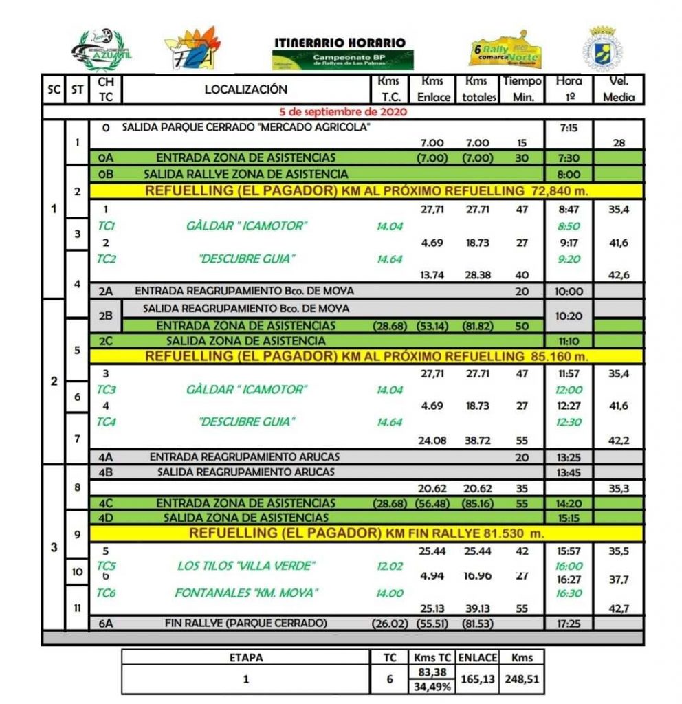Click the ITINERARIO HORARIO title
pos(340,43)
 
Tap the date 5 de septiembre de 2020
pos(343,111)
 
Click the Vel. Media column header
pos(618,89)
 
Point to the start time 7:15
pos(568,128)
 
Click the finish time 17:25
pos(568,624)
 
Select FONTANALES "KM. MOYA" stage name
pos(247,593)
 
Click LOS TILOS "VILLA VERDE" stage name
pos(247,566)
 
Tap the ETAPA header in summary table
pos(245,657)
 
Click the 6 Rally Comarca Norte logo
pos(505,48)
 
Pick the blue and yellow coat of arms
pos(603,48)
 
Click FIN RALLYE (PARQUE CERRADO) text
pos(246,624)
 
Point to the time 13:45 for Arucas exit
pos(568,472)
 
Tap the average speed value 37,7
pos(618,580)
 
